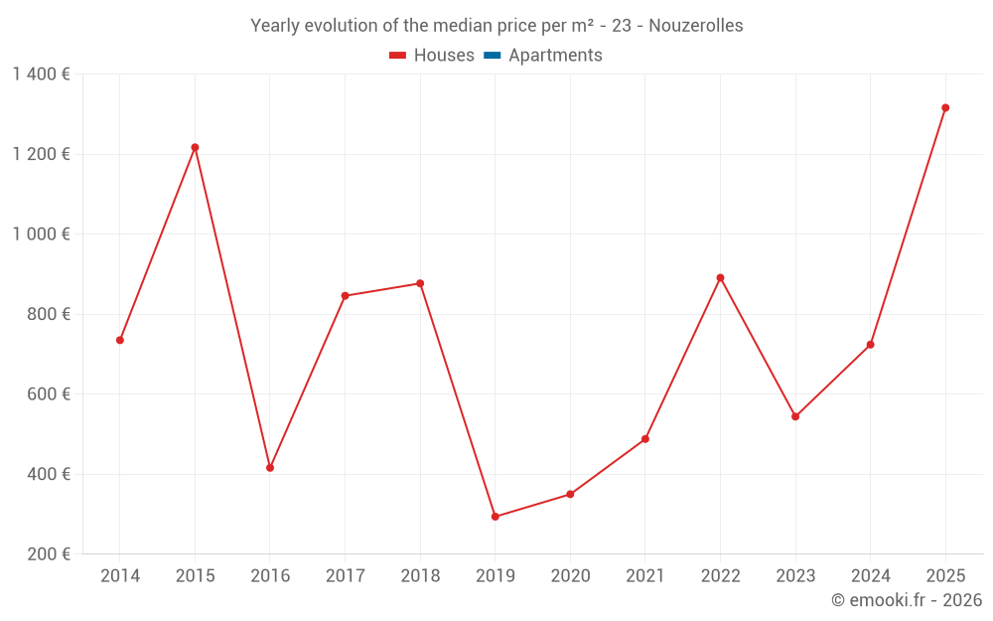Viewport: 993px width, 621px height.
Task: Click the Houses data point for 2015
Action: tap(195, 147)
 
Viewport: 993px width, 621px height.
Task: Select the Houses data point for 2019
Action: tap(496, 517)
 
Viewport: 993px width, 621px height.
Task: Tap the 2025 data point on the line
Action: tap(945, 107)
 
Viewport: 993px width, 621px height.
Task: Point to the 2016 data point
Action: tap(270, 468)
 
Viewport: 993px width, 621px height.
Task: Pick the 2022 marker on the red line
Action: tap(720, 278)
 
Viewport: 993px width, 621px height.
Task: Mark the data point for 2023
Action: tap(795, 416)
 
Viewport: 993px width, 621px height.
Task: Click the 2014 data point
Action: tap(120, 340)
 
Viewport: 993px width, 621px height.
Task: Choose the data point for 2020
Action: tap(570, 494)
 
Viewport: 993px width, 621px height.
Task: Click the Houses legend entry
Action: tap(432, 56)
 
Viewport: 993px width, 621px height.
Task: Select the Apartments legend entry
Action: tap(543, 56)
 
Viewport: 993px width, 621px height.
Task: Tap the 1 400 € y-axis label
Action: tap(41, 75)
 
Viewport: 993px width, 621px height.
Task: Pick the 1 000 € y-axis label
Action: tap(41, 234)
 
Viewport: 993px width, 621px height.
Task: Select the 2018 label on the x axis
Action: tap(420, 576)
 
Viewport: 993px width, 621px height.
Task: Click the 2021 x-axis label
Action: tap(645, 576)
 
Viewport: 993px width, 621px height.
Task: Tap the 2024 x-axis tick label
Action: tap(871, 576)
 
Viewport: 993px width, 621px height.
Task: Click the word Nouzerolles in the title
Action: tap(695, 26)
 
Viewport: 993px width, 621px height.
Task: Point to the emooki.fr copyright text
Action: tap(907, 600)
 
